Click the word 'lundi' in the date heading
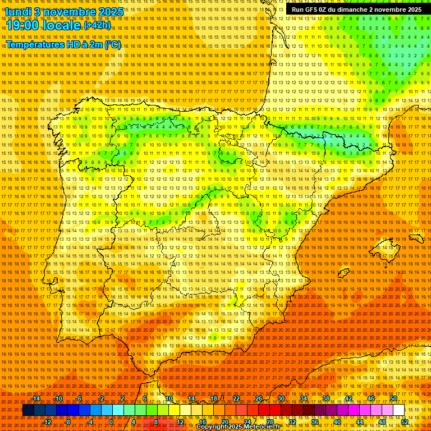[18, 12]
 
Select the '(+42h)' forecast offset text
[97, 25]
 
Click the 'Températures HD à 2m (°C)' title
[63, 44]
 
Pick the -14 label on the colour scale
[36, 398]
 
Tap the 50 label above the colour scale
[393, 398]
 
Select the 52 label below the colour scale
[405, 422]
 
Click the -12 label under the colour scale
[47, 422]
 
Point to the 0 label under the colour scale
[111, 422]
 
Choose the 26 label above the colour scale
[259, 398]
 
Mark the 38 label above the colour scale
[326, 398]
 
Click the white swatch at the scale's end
[398, 410]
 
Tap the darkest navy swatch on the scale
[28, 410]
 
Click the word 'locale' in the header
[63, 26]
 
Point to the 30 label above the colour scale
[281, 398]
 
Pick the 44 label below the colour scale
[360, 422]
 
